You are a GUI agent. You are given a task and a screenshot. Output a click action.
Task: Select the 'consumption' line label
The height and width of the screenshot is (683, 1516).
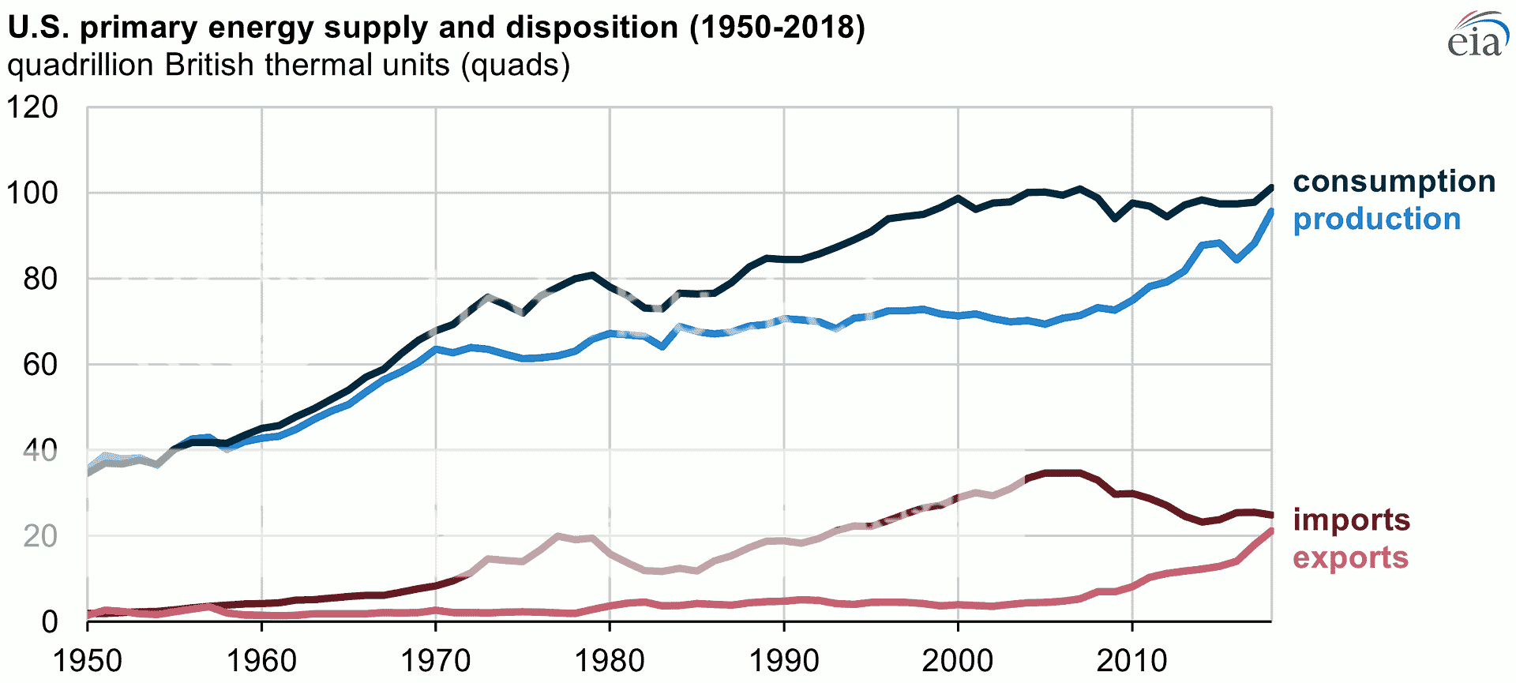1394,182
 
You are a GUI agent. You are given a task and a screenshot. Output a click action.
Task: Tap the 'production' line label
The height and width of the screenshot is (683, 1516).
1376,220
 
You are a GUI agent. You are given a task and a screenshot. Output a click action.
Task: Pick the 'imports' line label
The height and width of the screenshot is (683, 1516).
1351,520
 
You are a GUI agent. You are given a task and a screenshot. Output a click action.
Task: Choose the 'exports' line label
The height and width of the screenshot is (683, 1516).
1350,557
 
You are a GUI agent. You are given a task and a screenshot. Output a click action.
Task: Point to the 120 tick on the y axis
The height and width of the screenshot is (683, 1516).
32,107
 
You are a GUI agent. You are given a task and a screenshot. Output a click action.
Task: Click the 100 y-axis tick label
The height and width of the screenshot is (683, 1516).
32,193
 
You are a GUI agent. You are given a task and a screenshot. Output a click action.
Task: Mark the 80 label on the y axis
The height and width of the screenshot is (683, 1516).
40,279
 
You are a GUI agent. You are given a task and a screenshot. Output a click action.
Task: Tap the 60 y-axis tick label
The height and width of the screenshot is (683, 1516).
40,365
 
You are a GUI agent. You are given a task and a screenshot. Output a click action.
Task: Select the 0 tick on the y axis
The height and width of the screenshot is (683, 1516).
49,622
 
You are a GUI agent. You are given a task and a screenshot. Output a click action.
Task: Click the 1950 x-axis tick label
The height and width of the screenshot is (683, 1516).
87,660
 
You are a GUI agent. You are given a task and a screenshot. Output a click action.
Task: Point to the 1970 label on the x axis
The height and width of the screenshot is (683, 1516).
435,660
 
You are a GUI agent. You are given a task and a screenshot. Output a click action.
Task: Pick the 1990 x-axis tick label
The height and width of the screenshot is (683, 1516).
783,660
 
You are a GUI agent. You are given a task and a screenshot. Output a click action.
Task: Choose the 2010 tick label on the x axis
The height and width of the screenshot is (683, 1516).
1131,660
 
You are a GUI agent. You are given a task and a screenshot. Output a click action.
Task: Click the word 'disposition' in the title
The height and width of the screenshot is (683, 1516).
592,28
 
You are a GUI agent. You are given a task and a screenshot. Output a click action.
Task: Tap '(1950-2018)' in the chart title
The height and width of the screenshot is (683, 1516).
777,28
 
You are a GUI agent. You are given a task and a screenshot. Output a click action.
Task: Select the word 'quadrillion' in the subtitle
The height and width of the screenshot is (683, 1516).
81,65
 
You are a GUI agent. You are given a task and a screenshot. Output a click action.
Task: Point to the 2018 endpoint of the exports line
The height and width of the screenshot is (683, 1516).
1271,531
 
